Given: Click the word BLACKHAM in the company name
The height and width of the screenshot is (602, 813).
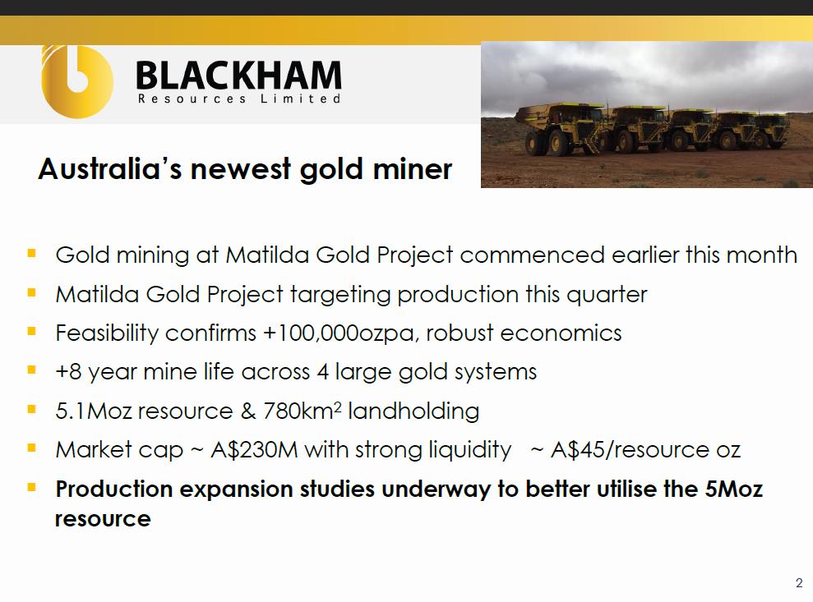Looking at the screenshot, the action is click(238, 76).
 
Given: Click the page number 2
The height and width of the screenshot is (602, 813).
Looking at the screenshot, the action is click(799, 583).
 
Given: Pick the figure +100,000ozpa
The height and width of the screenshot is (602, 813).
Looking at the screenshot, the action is click(340, 333).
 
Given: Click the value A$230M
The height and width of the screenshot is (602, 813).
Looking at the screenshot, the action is click(254, 450).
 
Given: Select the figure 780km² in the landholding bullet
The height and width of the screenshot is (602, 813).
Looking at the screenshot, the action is click(303, 411).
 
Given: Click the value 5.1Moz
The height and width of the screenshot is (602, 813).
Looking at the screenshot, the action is click(94, 411).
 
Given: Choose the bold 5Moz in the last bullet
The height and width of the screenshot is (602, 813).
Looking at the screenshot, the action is click(733, 489).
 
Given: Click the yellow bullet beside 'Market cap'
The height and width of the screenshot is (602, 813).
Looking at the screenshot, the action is click(31, 448).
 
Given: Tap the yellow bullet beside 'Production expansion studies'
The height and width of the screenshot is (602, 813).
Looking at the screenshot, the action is click(31, 487).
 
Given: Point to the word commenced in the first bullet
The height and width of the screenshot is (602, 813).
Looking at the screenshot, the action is click(532, 255).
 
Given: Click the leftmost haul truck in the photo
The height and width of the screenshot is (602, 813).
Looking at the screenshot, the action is click(562, 128).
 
